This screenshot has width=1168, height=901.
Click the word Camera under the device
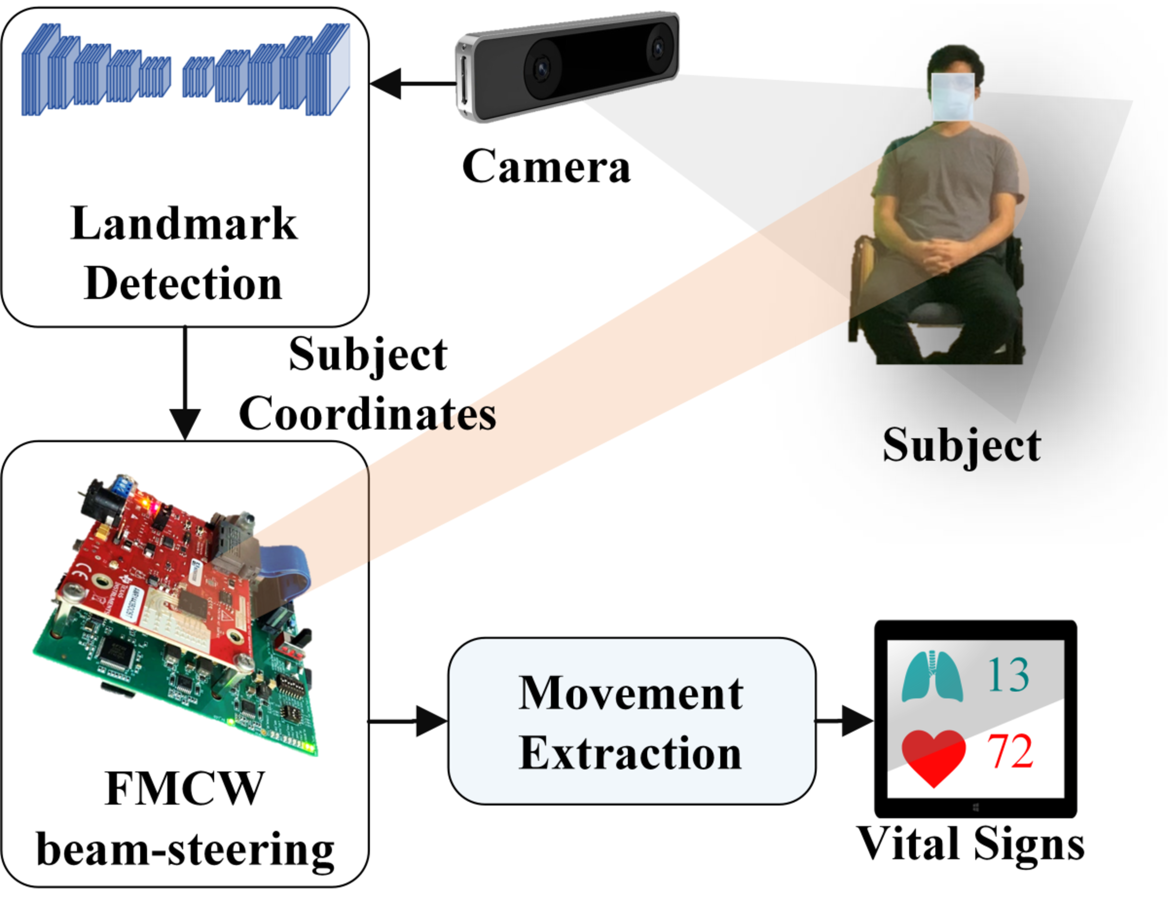[546, 167]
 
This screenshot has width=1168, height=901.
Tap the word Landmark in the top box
[183, 224]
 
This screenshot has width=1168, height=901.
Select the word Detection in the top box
[183, 283]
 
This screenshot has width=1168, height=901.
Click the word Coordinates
[367, 413]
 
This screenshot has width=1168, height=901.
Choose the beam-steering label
[185, 850]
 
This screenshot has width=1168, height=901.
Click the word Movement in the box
[631, 694]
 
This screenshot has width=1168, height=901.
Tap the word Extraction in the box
[631, 753]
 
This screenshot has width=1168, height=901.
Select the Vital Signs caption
[971, 844]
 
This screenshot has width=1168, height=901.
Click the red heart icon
[934, 756]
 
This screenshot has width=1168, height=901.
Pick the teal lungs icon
[932, 676]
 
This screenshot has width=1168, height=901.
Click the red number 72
[1010, 751]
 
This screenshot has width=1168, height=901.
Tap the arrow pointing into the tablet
[845, 721]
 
